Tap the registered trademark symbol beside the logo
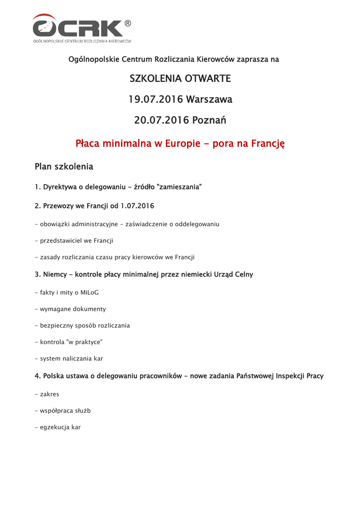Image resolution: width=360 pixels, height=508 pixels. (x=128, y=23)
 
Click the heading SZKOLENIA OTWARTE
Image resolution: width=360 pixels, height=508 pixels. (x=180, y=78)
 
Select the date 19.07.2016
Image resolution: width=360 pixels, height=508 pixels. (x=155, y=100)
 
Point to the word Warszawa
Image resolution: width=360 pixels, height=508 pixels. (x=209, y=100)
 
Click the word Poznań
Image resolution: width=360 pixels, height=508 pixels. (x=209, y=121)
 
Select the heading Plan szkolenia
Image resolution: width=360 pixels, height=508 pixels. (x=64, y=166)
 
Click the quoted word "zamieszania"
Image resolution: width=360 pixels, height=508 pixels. (x=179, y=187)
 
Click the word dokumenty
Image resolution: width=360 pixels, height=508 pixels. (x=89, y=309)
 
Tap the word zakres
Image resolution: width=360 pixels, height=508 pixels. (x=50, y=394)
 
